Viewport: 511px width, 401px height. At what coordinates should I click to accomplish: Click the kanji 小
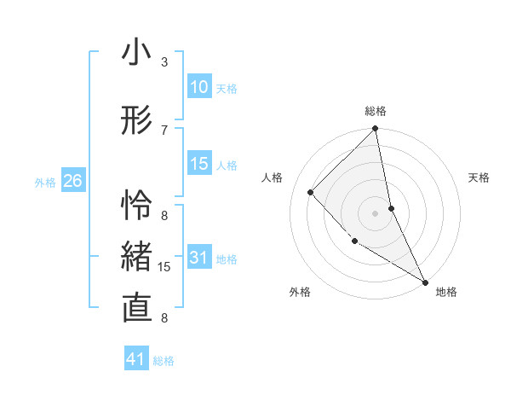click(x=136, y=54)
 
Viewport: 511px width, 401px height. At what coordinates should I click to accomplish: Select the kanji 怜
click(x=136, y=206)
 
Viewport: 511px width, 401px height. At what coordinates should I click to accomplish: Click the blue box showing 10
click(x=199, y=87)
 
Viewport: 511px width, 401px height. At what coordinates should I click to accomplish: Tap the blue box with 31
click(x=199, y=259)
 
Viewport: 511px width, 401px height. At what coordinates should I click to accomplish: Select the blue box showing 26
click(x=73, y=181)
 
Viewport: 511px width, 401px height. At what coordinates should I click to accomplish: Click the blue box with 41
click(x=136, y=359)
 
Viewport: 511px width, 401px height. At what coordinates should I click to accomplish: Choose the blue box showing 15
click(x=199, y=164)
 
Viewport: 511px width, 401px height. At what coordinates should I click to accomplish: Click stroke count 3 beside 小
click(x=164, y=62)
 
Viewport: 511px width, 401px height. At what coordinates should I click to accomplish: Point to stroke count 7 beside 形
click(x=164, y=130)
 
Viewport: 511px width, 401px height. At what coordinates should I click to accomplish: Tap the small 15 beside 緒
click(x=165, y=267)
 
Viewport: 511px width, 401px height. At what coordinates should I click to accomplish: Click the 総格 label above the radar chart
click(x=376, y=111)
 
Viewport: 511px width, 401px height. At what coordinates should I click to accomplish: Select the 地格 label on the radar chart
click(x=446, y=292)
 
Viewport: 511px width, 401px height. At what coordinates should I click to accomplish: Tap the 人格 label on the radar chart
click(x=273, y=177)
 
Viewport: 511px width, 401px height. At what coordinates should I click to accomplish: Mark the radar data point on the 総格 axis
click(x=376, y=130)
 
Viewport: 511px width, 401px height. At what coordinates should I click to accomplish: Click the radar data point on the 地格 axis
click(x=424, y=281)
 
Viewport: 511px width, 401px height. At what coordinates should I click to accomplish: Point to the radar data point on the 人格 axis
click(x=311, y=192)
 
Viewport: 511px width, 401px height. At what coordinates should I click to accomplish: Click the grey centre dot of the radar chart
click(x=376, y=212)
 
